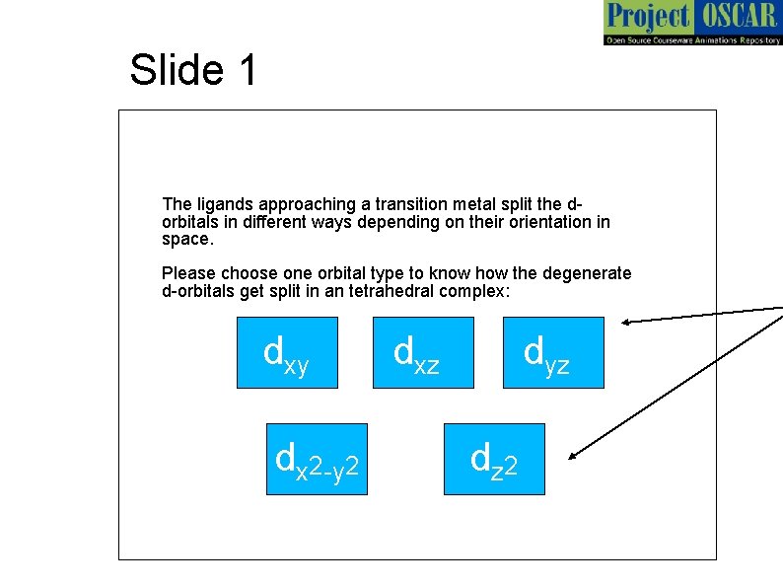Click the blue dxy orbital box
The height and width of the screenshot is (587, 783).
pyautogui.click(x=287, y=352)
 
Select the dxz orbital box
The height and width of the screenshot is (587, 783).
pyautogui.click(x=422, y=352)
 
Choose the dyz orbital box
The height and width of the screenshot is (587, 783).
pyautogui.click(x=552, y=352)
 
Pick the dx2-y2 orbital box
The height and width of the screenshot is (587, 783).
pyautogui.click(x=317, y=459)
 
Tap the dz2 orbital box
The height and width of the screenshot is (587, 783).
pyautogui.click(x=494, y=459)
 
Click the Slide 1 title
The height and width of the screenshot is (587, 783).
pyautogui.click(x=193, y=70)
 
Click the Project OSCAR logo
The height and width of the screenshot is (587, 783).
pyautogui.click(x=690, y=23)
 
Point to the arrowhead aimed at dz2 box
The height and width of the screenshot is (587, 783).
pyautogui.click(x=574, y=457)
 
